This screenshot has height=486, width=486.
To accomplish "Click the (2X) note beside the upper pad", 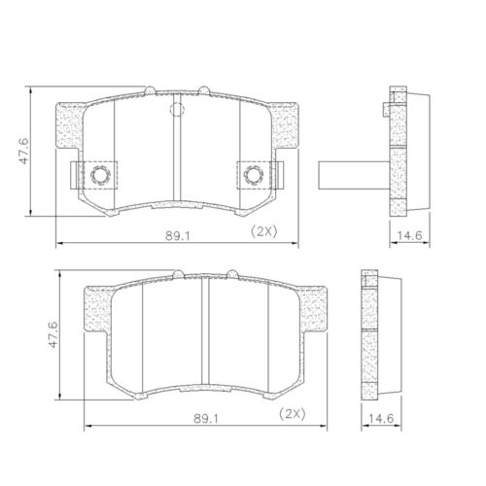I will [x=263, y=230].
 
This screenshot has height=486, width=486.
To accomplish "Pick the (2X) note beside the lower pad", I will [x=292, y=416].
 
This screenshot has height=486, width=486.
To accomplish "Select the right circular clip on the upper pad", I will [x=255, y=175].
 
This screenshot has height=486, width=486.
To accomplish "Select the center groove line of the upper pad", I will [x=175, y=156].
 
